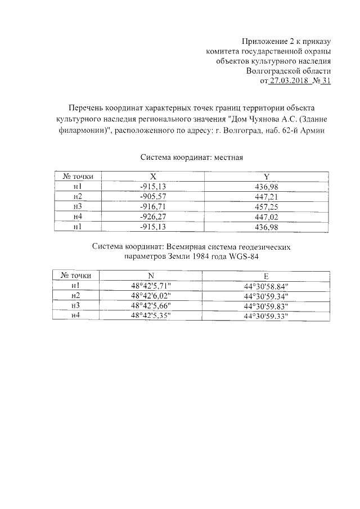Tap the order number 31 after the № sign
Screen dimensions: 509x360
(326, 82)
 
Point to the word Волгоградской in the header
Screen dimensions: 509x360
(281, 71)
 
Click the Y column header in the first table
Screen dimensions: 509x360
(267, 177)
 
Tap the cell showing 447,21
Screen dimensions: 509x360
(267, 196)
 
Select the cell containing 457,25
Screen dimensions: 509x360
(267, 206)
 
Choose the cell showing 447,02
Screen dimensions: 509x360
(267, 217)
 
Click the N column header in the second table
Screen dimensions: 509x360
(150, 276)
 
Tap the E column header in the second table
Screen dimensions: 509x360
(266, 276)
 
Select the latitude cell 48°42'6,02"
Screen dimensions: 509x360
(150, 296)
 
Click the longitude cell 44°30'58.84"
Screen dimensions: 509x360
(266, 286)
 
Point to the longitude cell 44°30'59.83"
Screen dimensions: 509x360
(266, 306)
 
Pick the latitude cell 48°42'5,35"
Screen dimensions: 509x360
(150, 316)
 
